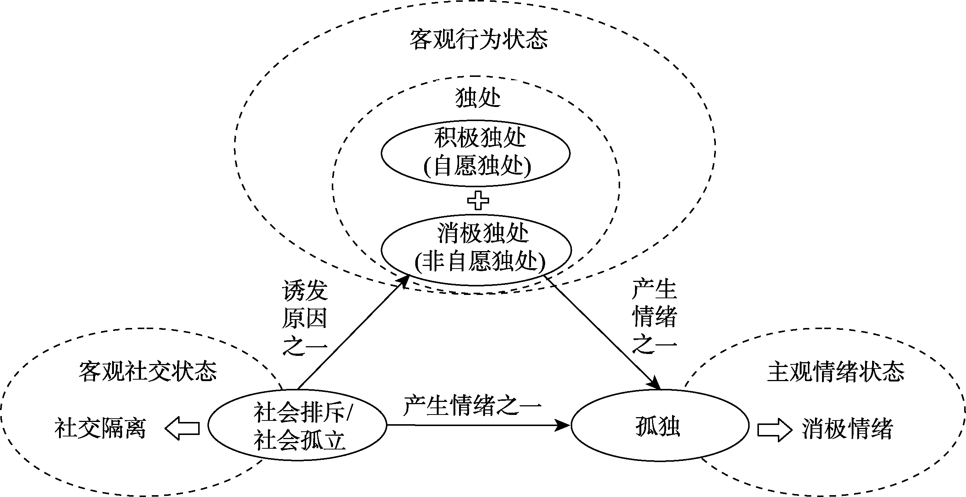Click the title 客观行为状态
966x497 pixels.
click(x=478, y=39)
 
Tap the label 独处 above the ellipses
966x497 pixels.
click(x=478, y=98)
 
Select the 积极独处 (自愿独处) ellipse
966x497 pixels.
click(x=476, y=153)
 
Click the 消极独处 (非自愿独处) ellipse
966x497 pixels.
click(x=476, y=249)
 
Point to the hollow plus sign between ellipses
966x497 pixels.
click(x=478, y=201)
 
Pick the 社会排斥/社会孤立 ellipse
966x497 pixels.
click(x=297, y=425)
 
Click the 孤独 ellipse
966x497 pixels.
click(x=659, y=425)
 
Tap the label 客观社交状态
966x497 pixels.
click(x=148, y=371)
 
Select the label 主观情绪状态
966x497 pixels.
click(x=836, y=371)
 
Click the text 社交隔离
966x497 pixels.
click(x=100, y=428)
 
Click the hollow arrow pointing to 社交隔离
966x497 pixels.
click(x=182, y=428)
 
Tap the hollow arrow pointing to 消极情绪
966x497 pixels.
click(x=775, y=429)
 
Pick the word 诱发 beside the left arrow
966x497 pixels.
click(x=305, y=290)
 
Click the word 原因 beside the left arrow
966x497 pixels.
click(x=305, y=318)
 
